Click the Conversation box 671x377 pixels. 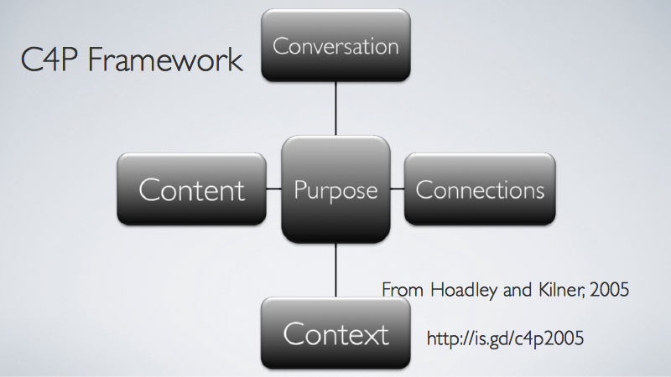point(336,45)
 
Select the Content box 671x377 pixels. point(192,189)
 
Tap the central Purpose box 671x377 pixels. point(336,189)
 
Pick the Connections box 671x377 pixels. point(480,189)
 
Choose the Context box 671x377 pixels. point(336,333)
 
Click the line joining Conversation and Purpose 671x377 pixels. point(336,109)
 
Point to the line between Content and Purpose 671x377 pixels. point(274,188)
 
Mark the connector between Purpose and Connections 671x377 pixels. point(398,188)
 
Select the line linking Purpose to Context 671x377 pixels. point(336,270)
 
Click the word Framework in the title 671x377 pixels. point(165,59)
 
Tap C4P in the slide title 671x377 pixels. point(49,59)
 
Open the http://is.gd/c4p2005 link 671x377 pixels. point(506,338)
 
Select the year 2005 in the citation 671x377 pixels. point(610,290)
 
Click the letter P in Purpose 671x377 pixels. point(300,190)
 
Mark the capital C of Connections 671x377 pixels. point(424,189)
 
